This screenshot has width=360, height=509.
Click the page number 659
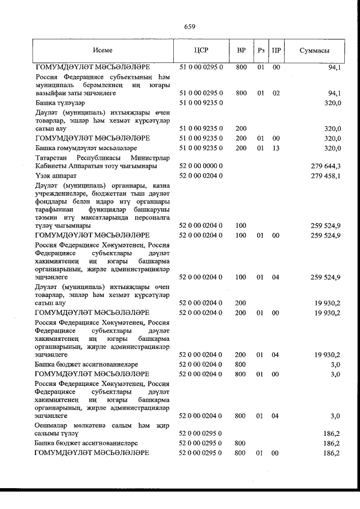[189, 26]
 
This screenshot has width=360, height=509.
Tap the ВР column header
[241, 50]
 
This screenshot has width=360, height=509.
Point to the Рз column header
[261, 50]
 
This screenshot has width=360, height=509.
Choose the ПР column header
[276, 50]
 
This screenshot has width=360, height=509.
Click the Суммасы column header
[314, 50]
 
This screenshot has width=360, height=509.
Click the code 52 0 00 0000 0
[201, 166]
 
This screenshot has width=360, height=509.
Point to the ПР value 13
[276, 148]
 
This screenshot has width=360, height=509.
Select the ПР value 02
[276, 93]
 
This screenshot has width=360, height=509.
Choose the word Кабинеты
[52, 166]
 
